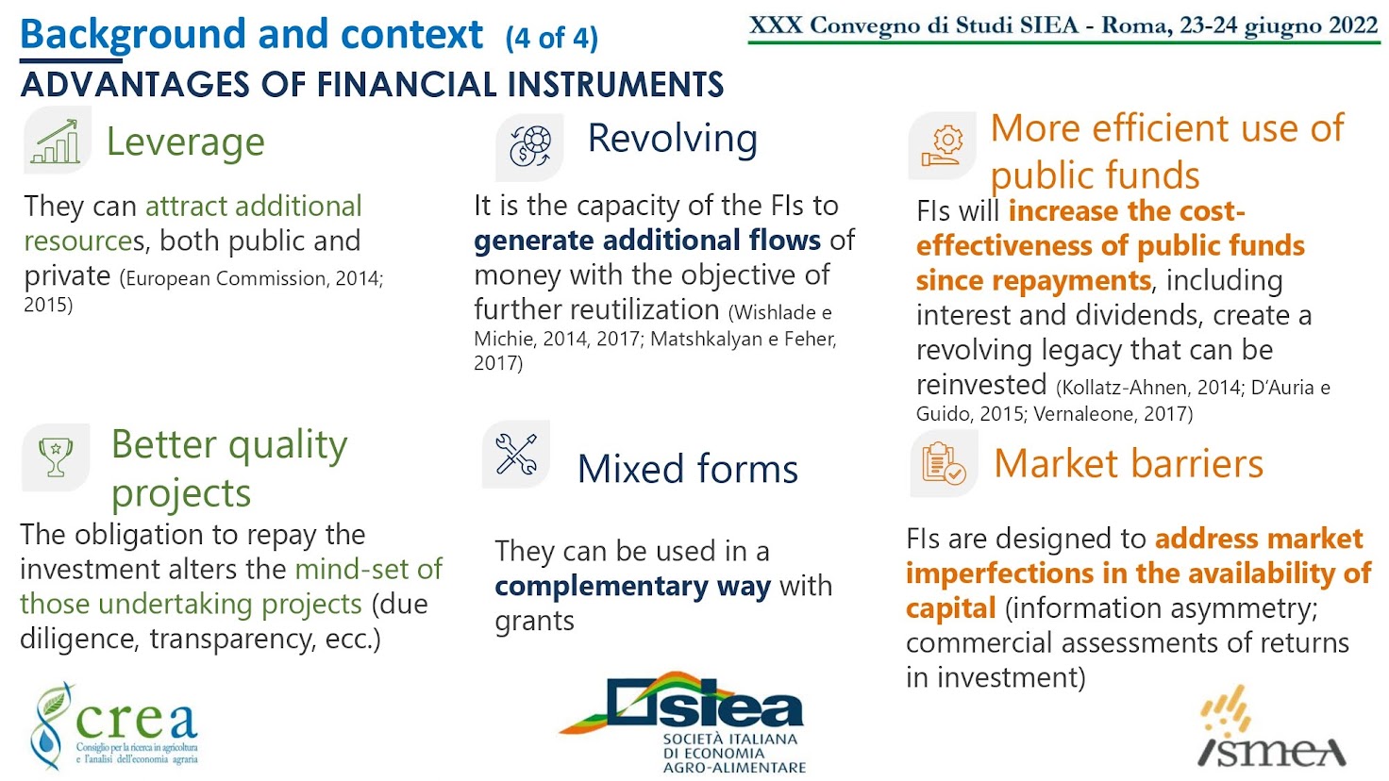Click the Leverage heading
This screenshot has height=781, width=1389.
pyautogui.click(x=185, y=142)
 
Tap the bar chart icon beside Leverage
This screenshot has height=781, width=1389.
pyautogui.click(x=57, y=141)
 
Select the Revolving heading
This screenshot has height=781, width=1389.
pyautogui.click(x=672, y=138)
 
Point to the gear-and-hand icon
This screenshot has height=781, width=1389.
pyautogui.click(x=942, y=146)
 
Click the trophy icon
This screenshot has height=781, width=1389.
pyautogui.click(x=56, y=457)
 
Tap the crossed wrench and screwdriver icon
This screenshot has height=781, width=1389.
pyautogui.click(x=516, y=455)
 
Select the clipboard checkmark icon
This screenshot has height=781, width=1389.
pyautogui.click(x=944, y=463)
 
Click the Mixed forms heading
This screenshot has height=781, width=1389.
pyautogui.click(x=687, y=468)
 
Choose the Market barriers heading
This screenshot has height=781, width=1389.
pyautogui.click(x=1128, y=463)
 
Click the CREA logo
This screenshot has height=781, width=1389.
pyautogui.click(x=115, y=725)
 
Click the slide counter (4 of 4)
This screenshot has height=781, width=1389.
pyautogui.click(x=551, y=38)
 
